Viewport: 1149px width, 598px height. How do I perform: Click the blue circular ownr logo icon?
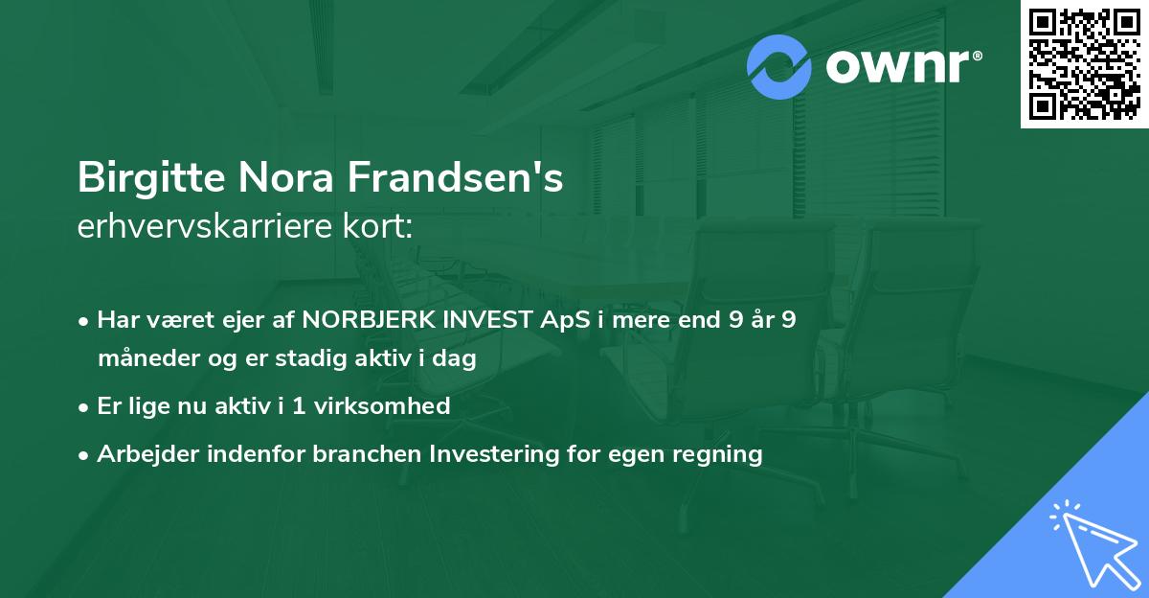(x=779, y=67)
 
